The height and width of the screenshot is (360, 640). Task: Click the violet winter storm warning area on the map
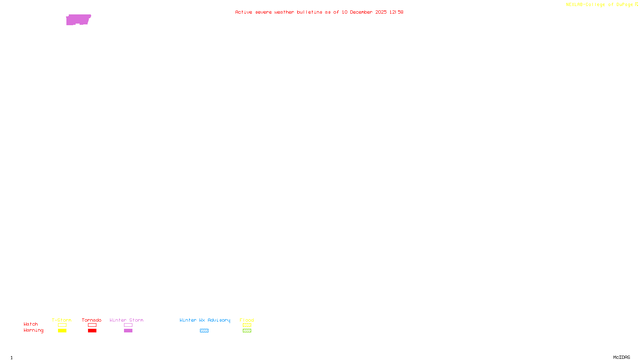click(x=78, y=20)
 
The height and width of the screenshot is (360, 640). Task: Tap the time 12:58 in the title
click(x=396, y=12)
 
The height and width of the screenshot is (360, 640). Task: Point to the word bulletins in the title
click(x=310, y=12)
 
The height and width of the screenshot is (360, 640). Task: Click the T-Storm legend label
click(x=62, y=320)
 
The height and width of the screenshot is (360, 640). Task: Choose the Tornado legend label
click(x=92, y=320)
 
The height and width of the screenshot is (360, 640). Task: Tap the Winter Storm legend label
click(x=126, y=320)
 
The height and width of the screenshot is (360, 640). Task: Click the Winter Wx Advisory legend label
click(x=205, y=320)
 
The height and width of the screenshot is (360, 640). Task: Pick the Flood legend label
click(x=247, y=320)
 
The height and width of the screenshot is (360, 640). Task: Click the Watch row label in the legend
click(x=31, y=324)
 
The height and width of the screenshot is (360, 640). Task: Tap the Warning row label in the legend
click(x=34, y=330)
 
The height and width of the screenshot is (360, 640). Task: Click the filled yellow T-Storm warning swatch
click(x=62, y=331)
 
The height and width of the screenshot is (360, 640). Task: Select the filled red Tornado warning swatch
click(x=92, y=331)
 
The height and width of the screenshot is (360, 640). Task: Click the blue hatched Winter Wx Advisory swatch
click(x=204, y=331)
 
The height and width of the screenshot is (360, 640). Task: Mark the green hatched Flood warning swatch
click(x=247, y=331)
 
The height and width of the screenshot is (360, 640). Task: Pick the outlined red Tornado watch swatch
click(x=92, y=325)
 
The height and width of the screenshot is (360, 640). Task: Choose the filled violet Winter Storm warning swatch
click(x=128, y=331)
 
